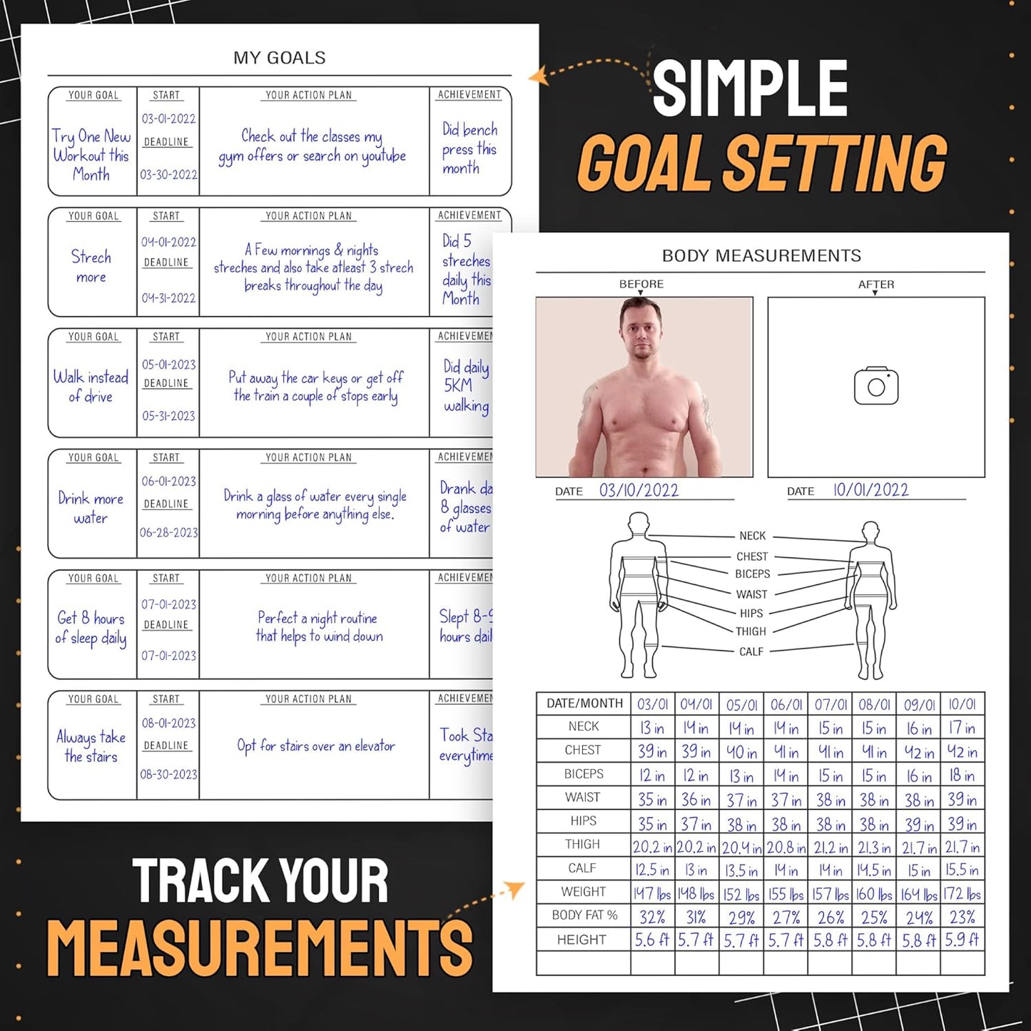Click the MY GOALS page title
pos(279,58)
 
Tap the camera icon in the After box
pos(876,386)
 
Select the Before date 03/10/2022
pos(639,490)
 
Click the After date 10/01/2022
pos(870,490)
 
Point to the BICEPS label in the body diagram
pos(752,574)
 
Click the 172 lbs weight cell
pos(962,893)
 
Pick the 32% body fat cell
pos(652,917)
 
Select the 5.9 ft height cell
pos(962,940)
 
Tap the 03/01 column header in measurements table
pos(652,704)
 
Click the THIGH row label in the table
pos(582,844)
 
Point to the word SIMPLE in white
pos(750,88)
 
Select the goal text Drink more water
pos(91,508)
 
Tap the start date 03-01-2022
pos(168,118)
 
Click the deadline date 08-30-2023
pos(168,774)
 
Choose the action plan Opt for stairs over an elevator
pos(315,746)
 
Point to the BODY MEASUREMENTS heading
pos(761,255)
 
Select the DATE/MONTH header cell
pos(584,704)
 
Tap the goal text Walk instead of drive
pos(91,386)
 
